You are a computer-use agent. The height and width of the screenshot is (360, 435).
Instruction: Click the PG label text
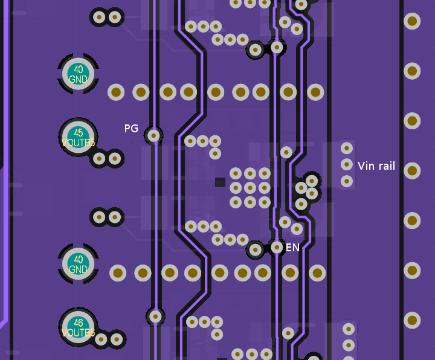pyautogui.click(x=131, y=129)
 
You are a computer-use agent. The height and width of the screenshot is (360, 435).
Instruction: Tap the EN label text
pyautogui.click(x=292, y=248)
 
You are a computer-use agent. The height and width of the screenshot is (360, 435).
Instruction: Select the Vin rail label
pyautogui.click(x=376, y=166)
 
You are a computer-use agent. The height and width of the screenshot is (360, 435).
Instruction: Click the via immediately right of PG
pyautogui.click(x=154, y=136)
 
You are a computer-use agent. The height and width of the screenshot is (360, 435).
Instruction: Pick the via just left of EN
pyautogui.click(x=277, y=247)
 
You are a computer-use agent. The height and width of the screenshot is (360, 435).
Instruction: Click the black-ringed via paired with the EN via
pyautogui.click(x=256, y=249)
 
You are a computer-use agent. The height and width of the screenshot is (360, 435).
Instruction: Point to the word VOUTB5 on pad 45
pyautogui.click(x=79, y=143)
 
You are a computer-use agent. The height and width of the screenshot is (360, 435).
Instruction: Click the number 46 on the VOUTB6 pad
pyautogui.click(x=79, y=323)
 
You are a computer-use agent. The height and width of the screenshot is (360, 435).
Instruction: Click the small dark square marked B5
pyautogui.click(x=220, y=182)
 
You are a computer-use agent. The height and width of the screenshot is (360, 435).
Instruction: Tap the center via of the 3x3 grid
pyautogui.click(x=250, y=188)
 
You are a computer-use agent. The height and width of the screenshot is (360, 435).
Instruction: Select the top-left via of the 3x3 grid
pyautogui.click(x=236, y=174)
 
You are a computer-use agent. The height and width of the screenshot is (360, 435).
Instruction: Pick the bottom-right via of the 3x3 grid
pyautogui.click(x=264, y=202)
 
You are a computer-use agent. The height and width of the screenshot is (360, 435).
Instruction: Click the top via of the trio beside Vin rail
pyautogui.click(x=347, y=147)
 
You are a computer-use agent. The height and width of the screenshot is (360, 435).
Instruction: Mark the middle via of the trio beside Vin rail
pyautogui.click(x=347, y=164)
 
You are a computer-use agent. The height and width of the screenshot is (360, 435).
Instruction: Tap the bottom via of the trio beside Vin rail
pyautogui.click(x=347, y=181)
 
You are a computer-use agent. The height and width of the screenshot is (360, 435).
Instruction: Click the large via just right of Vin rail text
pyautogui.click(x=412, y=170)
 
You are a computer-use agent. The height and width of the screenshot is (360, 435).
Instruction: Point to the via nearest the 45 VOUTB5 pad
pyautogui.click(x=99, y=159)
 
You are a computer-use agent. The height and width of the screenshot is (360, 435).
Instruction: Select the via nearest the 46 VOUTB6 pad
pyautogui.click(x=101, y=339)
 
